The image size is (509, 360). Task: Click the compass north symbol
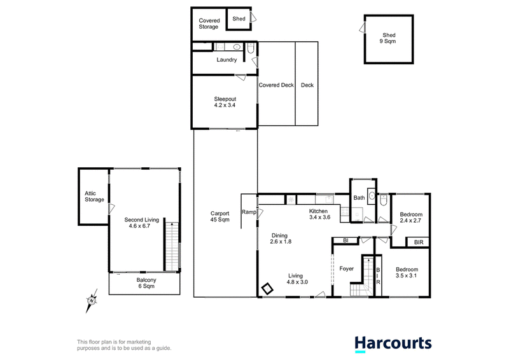[92, 301]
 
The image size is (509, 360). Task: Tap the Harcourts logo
[393, 344]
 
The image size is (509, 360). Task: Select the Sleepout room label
[225, 102]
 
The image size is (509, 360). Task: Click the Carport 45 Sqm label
[220, 216]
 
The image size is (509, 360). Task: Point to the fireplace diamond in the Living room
[267, 289]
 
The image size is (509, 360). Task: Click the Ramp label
[249, 212]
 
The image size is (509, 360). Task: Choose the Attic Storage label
[94, 197]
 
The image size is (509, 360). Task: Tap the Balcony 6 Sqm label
[146, 283]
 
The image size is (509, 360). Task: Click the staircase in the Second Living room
[172, 246]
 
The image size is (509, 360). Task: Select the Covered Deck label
[276, 85]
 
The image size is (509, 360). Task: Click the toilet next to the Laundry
[251, 48]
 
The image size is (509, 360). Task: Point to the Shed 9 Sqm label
[389, 38]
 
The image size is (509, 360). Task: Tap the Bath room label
[359, 198]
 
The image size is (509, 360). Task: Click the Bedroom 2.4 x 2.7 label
[411, 218]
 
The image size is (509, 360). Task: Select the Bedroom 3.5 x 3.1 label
[407, 272]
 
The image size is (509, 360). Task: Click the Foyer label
[346, 269]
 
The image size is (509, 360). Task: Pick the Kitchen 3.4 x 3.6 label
[319, 214]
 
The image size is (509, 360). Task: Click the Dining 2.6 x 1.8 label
[280, 239]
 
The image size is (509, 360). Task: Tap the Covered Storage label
[209, 24]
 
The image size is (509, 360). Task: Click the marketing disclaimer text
[124, 345]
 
